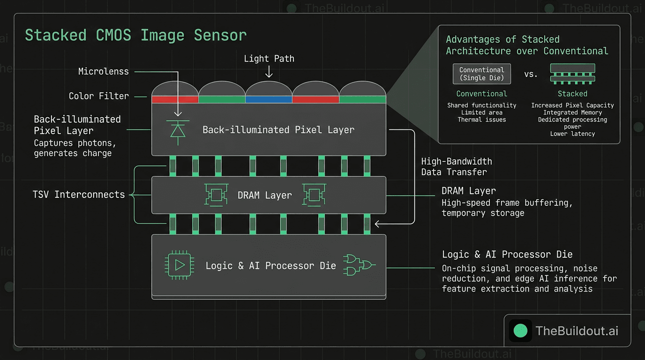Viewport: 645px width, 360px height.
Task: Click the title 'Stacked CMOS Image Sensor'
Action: pyautogui.click(x=135, y=36)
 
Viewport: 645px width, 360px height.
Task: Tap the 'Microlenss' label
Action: pyautogui.click(x=103, y=72)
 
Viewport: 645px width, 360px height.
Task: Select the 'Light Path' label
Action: pyautogui.click(x=269, y=59)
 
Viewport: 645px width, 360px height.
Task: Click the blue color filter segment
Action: pyautogui.click(x=269, y=99)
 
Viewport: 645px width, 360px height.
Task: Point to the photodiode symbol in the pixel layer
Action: pyautogui.click(x=177, y=129)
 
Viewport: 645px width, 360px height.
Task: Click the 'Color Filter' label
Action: pyautogui.click(x=98, y=96)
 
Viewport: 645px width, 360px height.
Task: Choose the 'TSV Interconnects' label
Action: pyautogui.click(x=79, y=195)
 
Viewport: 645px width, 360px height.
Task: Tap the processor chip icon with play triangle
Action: pyautogui.click(x=179, y=266)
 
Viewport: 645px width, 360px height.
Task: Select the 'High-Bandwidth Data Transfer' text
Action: pyautogui.click(x=456, y=167)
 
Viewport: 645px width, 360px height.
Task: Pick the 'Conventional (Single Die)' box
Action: pyautogui.click(x=481, y=74)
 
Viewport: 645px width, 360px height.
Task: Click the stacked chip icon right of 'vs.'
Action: pyautogui.click(x=572, y=74)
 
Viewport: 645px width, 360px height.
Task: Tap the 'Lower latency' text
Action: pyautogui.click(x=572, y=134)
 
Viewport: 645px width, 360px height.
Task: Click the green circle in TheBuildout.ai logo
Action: pyautogui.click(x=520, y=330)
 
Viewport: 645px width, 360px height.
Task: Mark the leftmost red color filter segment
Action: pyautogui.click(x=175, y=99)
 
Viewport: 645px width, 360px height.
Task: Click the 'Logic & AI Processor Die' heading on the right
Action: pyautogui.click(x=507, y=255)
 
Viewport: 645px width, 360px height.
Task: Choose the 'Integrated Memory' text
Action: pyautogui.click(x=572, y=112)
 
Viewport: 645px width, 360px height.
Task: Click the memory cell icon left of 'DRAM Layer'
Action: pyautogui.click(x=217, y=195)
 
